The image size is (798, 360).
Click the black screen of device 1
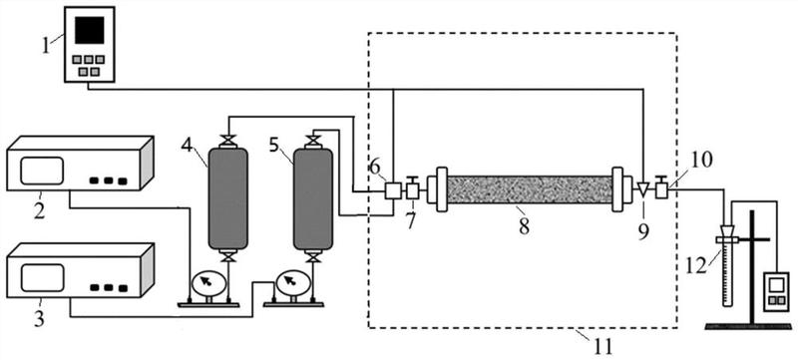[90, 30]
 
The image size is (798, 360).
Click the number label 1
[46, 45]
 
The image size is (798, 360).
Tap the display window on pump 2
[42, 171]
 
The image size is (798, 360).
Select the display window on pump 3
[42, 277]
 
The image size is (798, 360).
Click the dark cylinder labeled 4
[228, 198]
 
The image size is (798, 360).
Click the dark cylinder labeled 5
[313, 199]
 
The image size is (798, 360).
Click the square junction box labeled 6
[393, 190]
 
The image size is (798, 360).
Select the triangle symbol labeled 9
[643, 189]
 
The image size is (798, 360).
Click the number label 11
[603, 348]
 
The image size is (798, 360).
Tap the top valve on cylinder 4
[228, 140]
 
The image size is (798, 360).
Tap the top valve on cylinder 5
[313, 141]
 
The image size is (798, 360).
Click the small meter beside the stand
[776, 291]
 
